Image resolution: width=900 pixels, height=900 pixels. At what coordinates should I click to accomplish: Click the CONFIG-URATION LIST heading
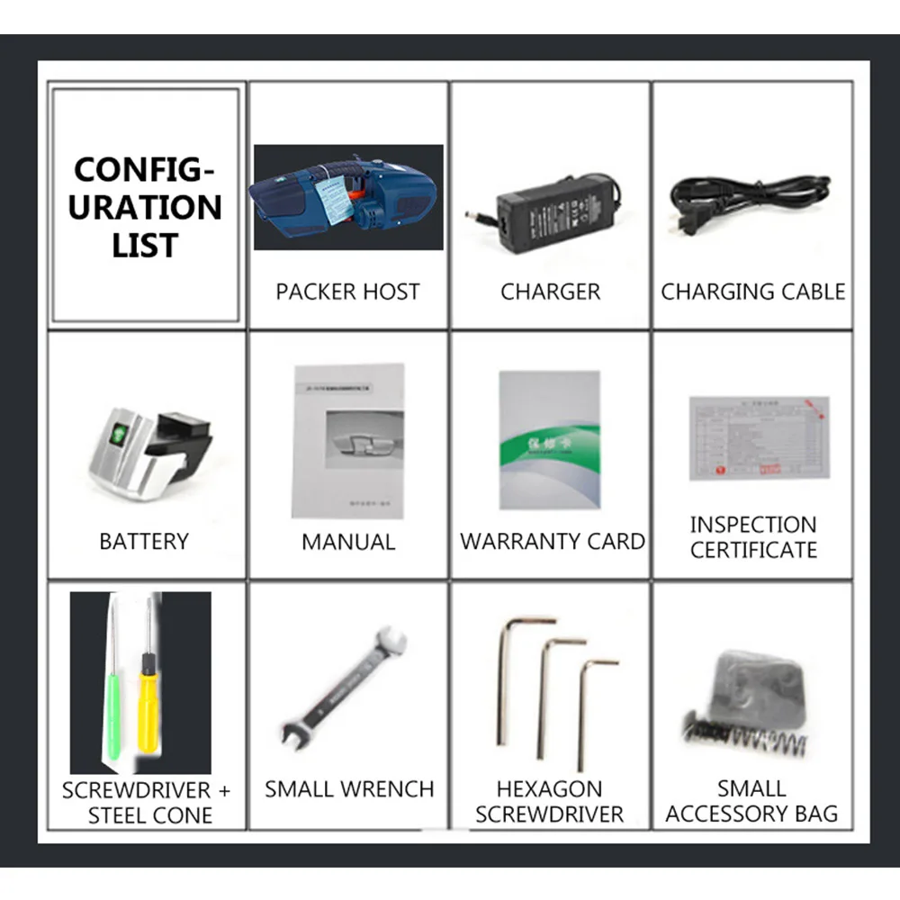coord(147,207)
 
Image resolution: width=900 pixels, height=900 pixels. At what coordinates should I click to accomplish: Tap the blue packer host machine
coord(347,196)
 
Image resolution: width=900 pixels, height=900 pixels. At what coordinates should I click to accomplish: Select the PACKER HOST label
coord(347,292)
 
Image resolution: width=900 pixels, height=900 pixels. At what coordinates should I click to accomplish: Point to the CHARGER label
coord(550,292)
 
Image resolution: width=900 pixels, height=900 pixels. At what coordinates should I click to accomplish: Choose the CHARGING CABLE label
coord(753,292)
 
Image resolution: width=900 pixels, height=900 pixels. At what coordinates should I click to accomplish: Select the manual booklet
coord(348,440)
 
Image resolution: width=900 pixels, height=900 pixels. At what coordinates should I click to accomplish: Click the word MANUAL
coord(348,542)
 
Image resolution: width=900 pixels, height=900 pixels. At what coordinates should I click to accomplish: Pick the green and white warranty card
coord(549,440)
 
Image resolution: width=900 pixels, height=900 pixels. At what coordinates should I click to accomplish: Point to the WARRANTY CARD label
coord(552,542)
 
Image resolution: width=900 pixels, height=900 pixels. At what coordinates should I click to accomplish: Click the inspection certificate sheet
coord(759,437)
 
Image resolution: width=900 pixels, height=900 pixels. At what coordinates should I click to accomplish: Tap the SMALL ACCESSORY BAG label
coord(751,801)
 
